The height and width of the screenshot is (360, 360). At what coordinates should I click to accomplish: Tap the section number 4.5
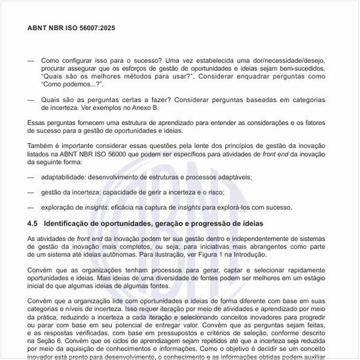33,223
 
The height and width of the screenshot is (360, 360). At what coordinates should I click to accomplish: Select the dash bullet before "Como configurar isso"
31,60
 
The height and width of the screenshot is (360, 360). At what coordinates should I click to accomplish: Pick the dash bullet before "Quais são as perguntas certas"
31,99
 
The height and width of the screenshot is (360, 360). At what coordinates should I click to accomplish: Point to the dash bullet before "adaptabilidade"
31,177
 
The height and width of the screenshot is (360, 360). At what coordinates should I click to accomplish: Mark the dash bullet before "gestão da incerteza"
31,192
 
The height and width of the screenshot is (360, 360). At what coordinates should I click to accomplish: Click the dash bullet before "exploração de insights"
31,207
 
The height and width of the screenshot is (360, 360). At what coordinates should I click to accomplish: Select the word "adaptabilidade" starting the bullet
63,177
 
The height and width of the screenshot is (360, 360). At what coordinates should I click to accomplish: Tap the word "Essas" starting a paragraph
37,122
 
